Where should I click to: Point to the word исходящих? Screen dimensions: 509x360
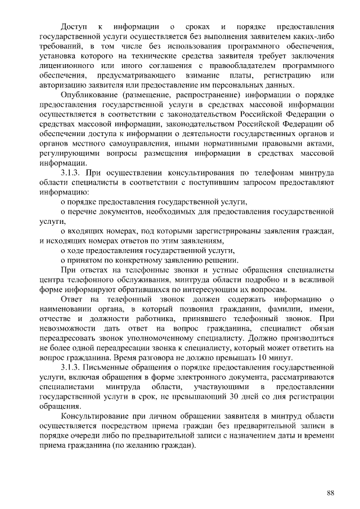(x=62, y=241)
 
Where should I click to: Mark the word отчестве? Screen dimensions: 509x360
(x=55, y=319)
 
